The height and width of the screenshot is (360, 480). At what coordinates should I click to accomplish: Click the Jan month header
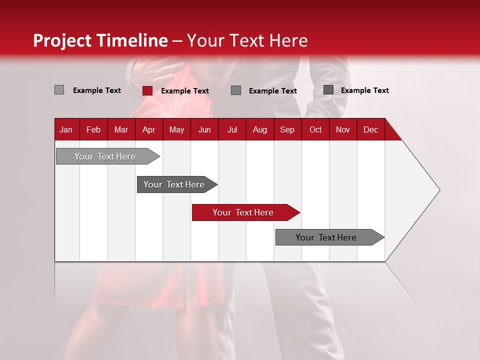pos(66,129)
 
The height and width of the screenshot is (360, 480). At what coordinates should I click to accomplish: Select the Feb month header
pos(93,129)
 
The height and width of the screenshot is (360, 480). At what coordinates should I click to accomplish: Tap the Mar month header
pos(121,129)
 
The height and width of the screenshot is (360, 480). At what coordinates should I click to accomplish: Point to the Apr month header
pos(148,129)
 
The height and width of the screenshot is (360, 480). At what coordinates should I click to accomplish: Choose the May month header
pos(176,129)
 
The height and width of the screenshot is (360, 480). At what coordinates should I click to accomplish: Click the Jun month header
pos(204,129)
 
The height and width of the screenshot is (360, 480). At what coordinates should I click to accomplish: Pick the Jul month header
pos(232,129)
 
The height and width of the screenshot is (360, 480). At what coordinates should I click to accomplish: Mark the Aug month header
pos(259,129)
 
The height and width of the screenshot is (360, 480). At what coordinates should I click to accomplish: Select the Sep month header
pos(287,129)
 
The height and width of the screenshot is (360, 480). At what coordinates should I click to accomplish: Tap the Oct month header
pos(315,129)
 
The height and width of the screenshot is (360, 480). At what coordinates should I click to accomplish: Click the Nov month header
pos(343,129)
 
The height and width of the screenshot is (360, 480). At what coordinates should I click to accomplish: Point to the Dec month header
pos(370,129)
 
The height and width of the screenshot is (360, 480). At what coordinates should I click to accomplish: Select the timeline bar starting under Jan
pos(105,156)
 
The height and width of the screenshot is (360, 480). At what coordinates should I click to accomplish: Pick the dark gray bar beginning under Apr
pos(174,184)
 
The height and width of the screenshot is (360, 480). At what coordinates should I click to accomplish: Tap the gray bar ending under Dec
pos(326,237)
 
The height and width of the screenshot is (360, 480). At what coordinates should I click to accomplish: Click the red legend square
pos(147,90)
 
